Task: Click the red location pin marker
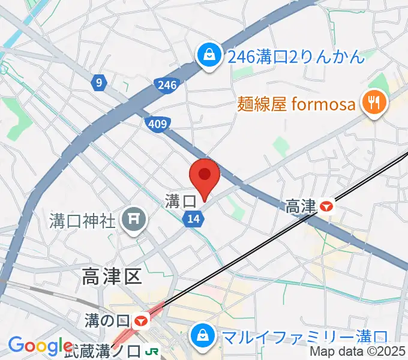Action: [205, 176]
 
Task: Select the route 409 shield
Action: [157, 124]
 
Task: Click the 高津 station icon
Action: [327, 207]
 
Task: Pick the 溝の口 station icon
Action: [142, 321]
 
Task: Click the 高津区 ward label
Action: [112, 277]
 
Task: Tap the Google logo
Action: [40, 346]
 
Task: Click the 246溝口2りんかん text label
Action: [296, 58]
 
